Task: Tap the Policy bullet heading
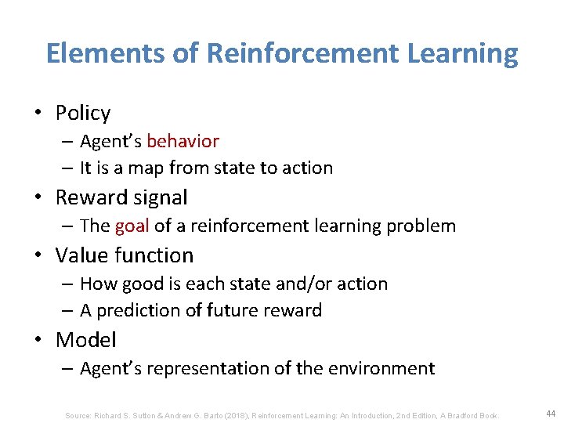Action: [x=82, y=114]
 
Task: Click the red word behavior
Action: [x=183, y=141]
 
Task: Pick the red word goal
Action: [x=132, y=226]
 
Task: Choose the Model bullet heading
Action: [x=85, y=340]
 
